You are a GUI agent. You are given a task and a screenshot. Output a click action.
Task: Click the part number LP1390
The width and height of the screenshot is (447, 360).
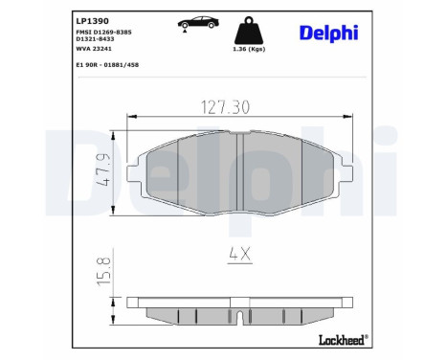pos(91,18)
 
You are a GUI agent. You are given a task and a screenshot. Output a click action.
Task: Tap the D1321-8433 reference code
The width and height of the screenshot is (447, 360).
pos(101,42)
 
